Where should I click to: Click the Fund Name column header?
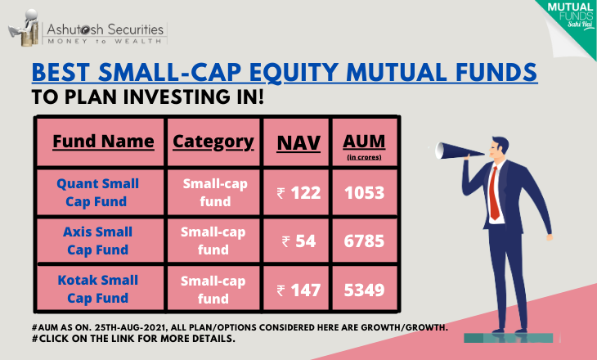pyautogui.click(x=103, y=142)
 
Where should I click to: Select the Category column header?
pyautogui.click(x=213, y=142)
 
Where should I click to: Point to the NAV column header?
pyautogui.click(x=298, y=143)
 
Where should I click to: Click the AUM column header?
pyautogui.click(x=364, y=146)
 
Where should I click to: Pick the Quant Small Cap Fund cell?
pyautogui.click(x=97, y=192)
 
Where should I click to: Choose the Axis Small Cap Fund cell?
pyautogui.click(x=97, y=241)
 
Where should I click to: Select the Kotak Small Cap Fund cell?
pyautogui.click(x=97, y=289)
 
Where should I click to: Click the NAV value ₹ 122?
pyautogui.click(x=298, y=193)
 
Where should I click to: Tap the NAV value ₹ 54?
pyautogui.click(x=298, y=241)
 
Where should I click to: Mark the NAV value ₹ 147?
pyautogui.click(x=298, y=290)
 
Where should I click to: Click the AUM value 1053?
pyautogui.click(x=365, y=193)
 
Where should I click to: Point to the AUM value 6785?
pyautogui.click(x=365, y=241)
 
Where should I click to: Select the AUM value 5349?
pyautogui.click(x=365, y=290)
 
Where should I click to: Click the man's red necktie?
pyautogui.click(x=494, y=194)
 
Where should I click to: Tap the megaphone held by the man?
pyautogui.click(x=458, y=151)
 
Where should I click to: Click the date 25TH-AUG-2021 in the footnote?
pyautogui.click(x=131, y=327)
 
